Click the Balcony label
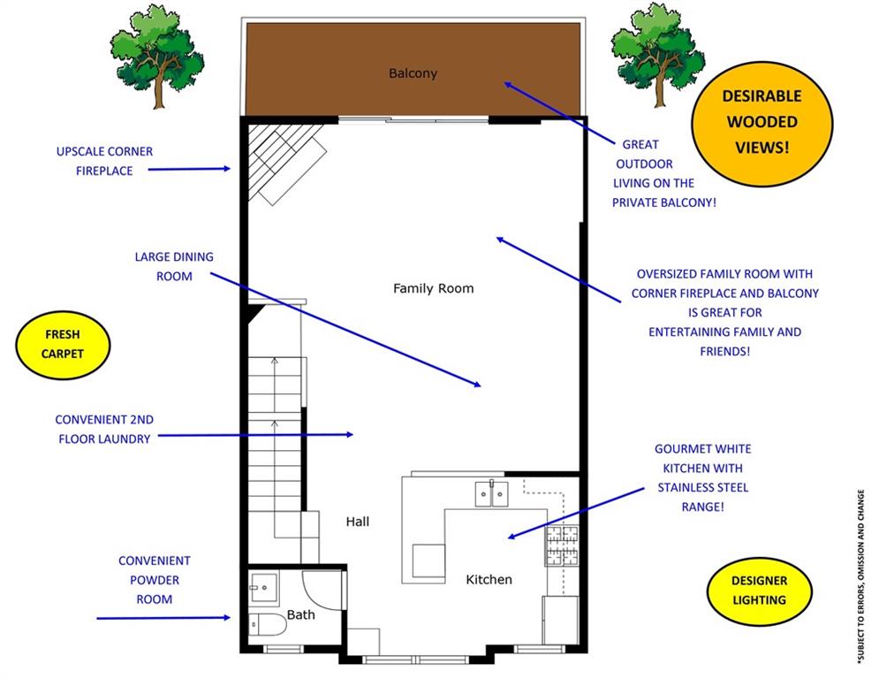[413, 73]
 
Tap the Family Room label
[434, 288]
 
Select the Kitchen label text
[489, 580]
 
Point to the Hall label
[358, 522]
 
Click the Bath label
[301, 615]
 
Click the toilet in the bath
[268, 624]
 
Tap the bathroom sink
[263, 588]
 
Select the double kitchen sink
[492, 494]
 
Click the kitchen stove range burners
[562, 545]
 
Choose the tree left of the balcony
[157, 56]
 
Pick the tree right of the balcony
[657, 55]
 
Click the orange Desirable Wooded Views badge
[762, 123]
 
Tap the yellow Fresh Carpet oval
[63, 345]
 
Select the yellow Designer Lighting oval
[760, 591]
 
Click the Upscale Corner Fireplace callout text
[104, 161]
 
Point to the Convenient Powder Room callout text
[155, 580]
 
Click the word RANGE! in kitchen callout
[702, 507]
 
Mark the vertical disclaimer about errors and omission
[860, 576]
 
